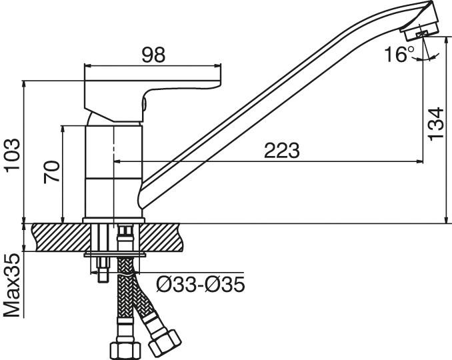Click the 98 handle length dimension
pyautogui.click(x=153, y=55)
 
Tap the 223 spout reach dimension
pyautogui.click(x=281, y=150)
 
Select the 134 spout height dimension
pyautogui.click(x=435, y=124)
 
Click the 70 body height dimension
pyautogui.click(x=52, y=172)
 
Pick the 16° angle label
pyautogui.click(x=399, y=54)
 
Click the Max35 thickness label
pyautogui.click(x=13, y=285)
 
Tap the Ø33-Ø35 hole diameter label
pyautogui.click(x=201, y=285)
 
